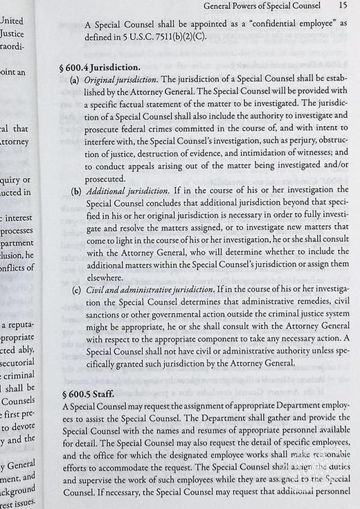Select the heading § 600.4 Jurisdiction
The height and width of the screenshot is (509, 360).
tap(102, 69)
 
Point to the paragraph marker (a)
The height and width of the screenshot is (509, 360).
tap(75, 82)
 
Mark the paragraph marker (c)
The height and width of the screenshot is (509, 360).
tap(75, 287)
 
